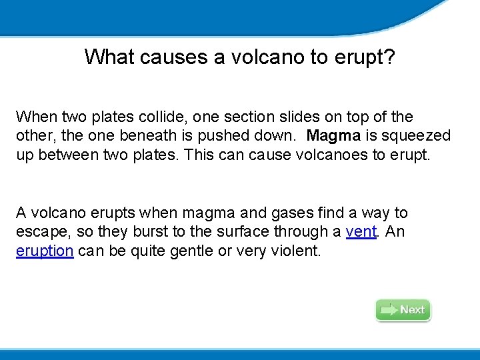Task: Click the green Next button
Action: click(x=403, y=310)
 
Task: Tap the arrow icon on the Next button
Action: click(x=389, y=310)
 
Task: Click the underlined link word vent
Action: click(x=360, y=232)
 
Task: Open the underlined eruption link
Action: click(x=44, y=251)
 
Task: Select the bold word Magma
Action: click(x=335, y=136)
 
